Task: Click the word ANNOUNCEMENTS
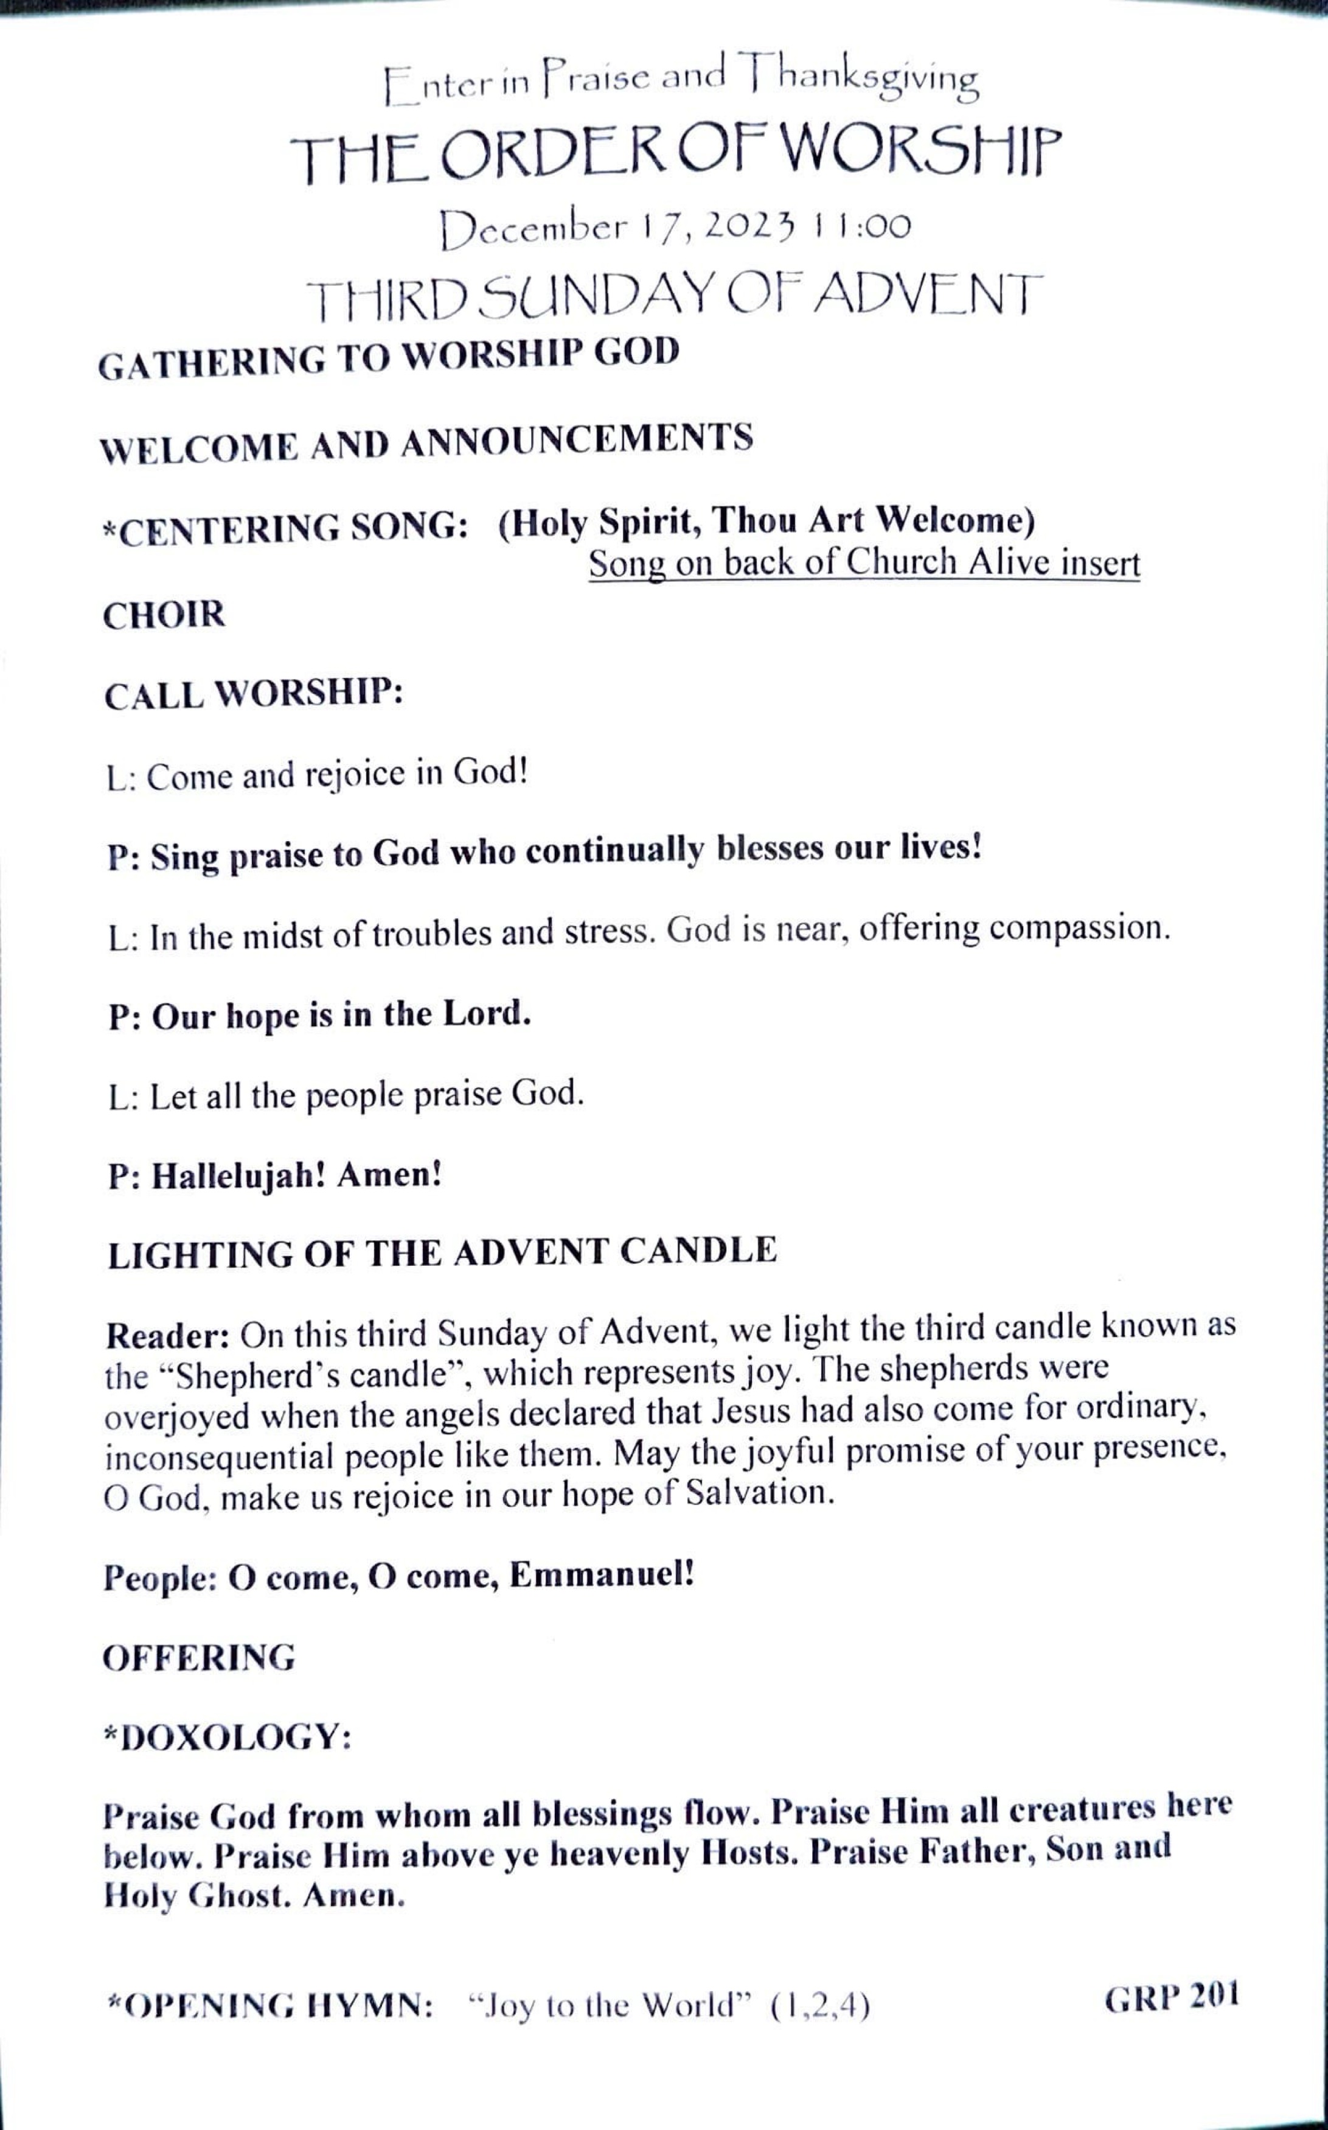tap(577, 439)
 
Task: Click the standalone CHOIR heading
tap(164, 614)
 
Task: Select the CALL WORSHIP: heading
tap(253, 694)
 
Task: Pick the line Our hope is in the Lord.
tap(320, 1016)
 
